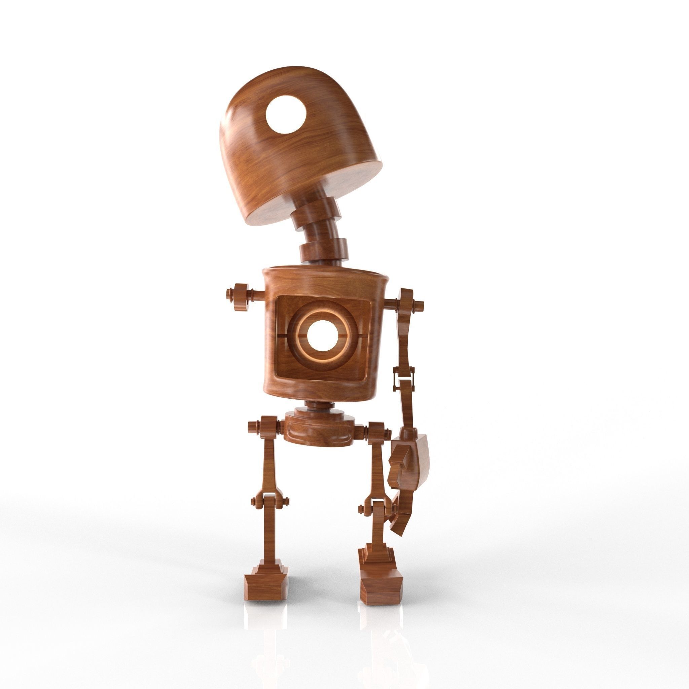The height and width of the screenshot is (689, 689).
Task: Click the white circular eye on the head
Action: (x=286, y=115)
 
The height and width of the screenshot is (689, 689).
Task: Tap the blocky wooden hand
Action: (x=410, y=464)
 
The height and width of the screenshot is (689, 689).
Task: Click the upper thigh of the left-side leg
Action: (x=269, y=460)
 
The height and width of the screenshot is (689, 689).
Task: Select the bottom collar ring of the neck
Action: (x=323, y=251)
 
